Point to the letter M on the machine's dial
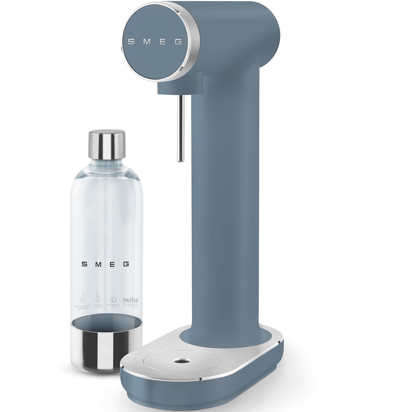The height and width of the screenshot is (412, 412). [x=146, y=42]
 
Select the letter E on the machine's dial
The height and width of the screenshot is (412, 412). [x=163, y=42]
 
